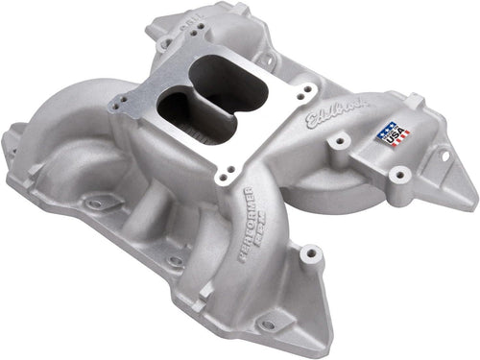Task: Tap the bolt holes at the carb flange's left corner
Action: click(123, 104)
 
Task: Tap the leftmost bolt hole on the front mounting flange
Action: click(97, 204)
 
